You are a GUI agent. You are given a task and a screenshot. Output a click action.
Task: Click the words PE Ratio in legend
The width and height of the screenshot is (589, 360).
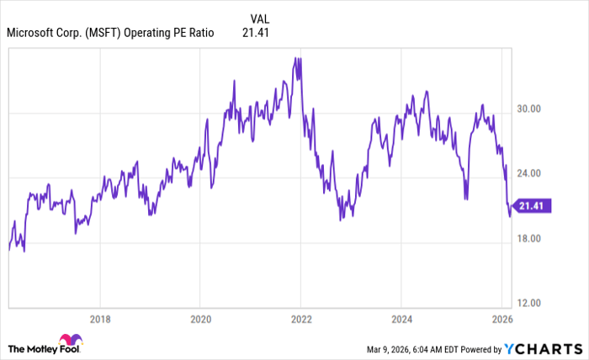tap(191, 33)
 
